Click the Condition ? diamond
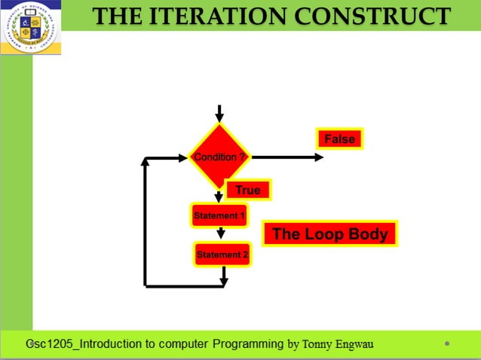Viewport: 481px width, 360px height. pos(219,157)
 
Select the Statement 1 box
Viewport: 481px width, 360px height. pos(219,215)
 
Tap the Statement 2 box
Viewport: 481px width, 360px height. pos(222,255)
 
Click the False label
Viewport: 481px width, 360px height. pos(339,139)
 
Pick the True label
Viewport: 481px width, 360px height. pos(248,190)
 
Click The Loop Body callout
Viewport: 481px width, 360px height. pos(329,234)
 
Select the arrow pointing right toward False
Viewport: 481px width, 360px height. pos(286,157)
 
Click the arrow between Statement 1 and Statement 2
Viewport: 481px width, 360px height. pos(220,234)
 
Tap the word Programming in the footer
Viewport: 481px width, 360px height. pos(248,344)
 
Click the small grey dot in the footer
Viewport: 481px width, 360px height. pos(447,343)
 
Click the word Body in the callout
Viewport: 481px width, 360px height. pos(368,234)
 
